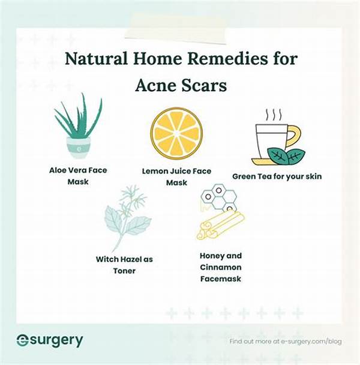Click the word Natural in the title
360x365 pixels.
pos(96,58)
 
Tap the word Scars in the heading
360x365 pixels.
pos(204,85)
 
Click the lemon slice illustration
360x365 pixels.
pos(176,133)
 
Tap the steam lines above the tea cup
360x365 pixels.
pos(274,114)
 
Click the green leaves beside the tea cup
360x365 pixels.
pos(286,157)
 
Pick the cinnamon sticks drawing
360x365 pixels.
pos(220,225)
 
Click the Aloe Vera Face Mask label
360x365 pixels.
pos(78,176)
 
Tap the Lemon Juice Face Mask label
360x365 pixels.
pos(176,176)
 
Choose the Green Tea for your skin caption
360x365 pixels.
pos(277,176)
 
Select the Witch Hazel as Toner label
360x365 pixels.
pos(124,265)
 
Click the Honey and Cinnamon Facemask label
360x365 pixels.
pos(221,267)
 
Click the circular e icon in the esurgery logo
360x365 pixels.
pos(23,340)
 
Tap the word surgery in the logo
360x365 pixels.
pos(56,341)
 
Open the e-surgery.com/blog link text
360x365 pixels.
pos(311,342)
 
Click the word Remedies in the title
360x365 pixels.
pos(227,58)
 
